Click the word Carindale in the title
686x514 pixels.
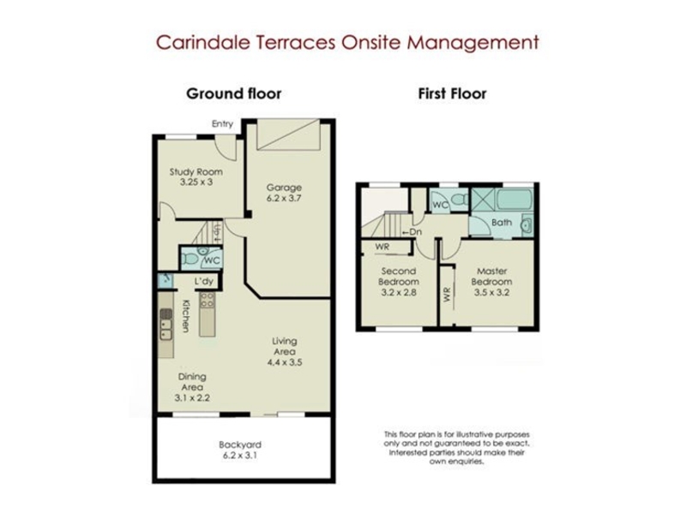pyautogui.click(x=202, y=42)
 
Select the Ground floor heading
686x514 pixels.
pyautogui.click(x=233, y=93)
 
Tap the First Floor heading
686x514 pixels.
pyautogui.click(x=452, y=93)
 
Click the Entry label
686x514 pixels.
pyautogui.click(x=222, y=123)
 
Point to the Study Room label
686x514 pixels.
pyautogui.click(x=196, y=172)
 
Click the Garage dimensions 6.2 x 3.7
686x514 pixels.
pyautogui.click(x=284, y=198)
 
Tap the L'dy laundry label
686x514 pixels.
pyautogui.click(x=204, y=281)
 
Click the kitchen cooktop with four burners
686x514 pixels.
pyautogui.click(x=208, y=300)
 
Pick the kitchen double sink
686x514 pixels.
pyautogui.click(x=165, y=325)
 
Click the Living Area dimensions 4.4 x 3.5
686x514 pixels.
pyautogui.click(x=285, y=362)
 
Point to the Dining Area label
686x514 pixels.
pyautogui.click(x=192, y=381)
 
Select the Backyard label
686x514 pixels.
pyautogui.click(x=240, y=445)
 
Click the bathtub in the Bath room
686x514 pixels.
pyautogui.click(x=514, y=199)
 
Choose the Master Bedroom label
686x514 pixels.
pyautogui.click(x=491, y=276)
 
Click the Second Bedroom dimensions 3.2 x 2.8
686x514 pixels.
pyautogui.click(x=398, y=292)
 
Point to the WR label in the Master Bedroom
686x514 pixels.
pyautogui.click(x=447, y=295)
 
